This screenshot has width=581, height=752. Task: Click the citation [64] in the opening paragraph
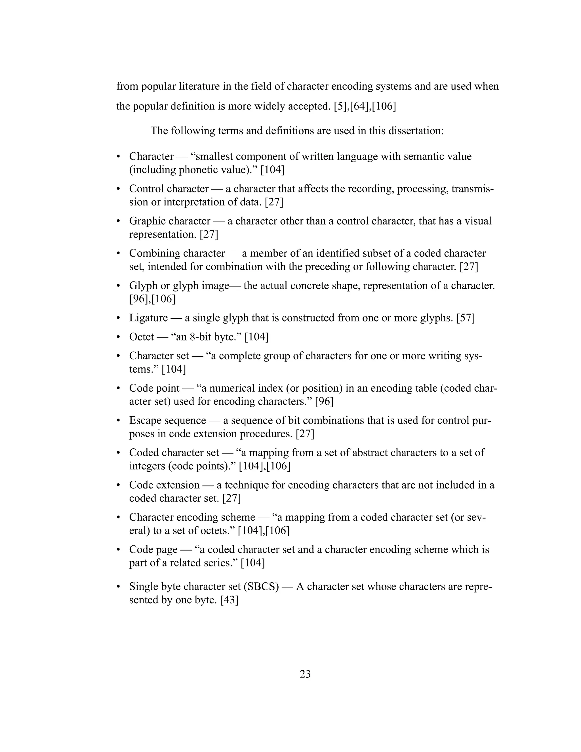tap(360, 106)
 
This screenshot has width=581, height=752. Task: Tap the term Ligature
tap(148, 318)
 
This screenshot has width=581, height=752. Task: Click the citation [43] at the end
tap(229, 600)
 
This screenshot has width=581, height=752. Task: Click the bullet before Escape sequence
tap(118, 421)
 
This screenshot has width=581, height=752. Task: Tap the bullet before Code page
tap(118, 550)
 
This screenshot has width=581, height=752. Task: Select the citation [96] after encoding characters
tap(324, 402)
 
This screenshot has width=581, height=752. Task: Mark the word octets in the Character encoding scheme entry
tap(216, 531)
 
